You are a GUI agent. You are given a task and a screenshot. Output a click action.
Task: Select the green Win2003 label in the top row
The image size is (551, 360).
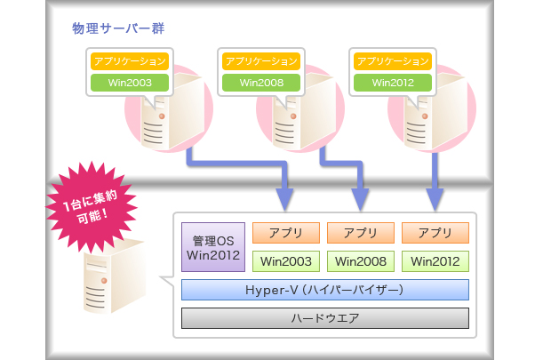coord(129,83)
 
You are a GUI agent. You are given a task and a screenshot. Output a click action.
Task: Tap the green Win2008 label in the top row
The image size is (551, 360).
coord(260,83)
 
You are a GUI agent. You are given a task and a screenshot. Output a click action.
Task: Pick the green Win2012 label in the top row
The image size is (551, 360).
coord(392,83)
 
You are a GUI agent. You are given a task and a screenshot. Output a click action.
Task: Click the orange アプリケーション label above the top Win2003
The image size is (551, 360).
coord(129,61)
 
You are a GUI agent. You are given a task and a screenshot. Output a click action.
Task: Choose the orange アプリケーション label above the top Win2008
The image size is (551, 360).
coord(260,61)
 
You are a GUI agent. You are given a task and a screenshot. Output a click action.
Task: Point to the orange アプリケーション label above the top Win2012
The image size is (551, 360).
coord(392,61)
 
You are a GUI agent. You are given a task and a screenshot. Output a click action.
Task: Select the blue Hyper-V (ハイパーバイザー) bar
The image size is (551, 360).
coord(324,290)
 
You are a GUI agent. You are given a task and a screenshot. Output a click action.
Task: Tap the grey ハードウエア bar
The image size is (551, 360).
coord(324,318)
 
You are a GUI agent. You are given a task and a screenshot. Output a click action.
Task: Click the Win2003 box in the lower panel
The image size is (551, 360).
coord(286,261)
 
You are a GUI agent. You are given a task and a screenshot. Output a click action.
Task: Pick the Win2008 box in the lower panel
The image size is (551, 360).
coord(361,261)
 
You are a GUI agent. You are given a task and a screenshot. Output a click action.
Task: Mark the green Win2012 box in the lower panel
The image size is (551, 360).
coord(435,261)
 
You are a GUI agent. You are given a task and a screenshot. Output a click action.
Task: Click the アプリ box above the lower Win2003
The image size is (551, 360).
coord(286,233)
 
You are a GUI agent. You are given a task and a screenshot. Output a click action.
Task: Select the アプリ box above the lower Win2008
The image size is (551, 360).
coord(361,233)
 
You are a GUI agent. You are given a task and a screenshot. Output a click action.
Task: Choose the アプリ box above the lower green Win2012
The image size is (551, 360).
coord(435,233)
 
